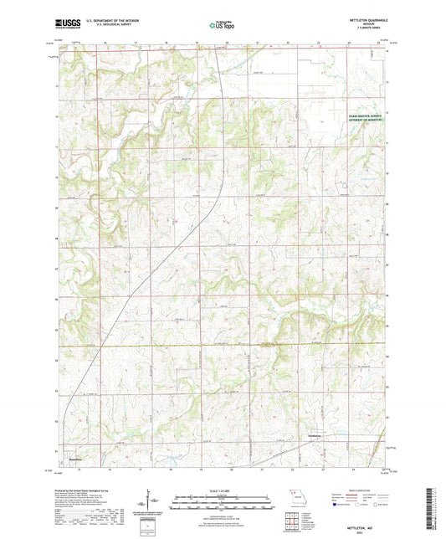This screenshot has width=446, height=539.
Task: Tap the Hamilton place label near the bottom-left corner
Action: click(75, 458)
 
